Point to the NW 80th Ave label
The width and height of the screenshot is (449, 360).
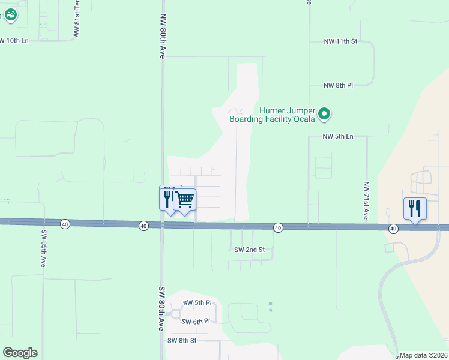(162, 36)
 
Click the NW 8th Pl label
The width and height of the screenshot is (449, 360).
(338, 85)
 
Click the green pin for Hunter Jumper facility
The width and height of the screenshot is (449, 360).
(324, 113)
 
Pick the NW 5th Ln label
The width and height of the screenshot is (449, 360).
(338, 136)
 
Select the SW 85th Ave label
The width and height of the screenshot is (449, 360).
(44, 248)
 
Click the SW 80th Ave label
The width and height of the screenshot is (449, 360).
(161, 308)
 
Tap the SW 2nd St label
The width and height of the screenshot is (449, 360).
(249, 249)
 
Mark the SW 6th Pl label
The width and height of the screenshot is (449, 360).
(196, 322)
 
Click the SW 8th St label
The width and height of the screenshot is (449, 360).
(182, 340)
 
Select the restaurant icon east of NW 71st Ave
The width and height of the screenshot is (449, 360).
(415, 208)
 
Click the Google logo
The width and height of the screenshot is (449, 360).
(20, 353)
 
